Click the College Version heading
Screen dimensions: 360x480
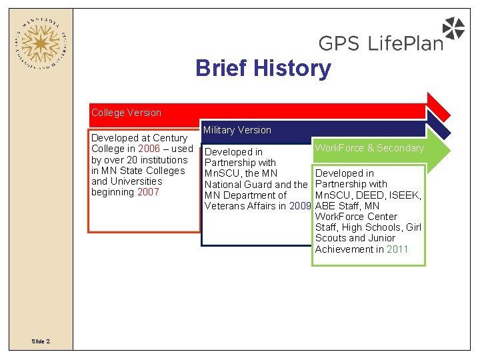(x=126, y=113)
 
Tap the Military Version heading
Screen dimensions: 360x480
(x=237, y=130)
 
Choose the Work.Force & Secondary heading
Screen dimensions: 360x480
(x=369, y=148)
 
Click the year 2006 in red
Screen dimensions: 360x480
(x=149, y=149)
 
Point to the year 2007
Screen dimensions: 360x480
(x=148, y=192)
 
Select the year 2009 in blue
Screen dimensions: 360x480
(x=301, y=206)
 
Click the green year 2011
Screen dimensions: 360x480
(x=397, y=249)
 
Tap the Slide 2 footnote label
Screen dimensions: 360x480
(x=40, y=341)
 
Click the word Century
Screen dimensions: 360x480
(x=170, y=138)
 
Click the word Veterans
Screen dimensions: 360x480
(x=225, y=206)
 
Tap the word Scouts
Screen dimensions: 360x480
(x=332, y=239)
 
